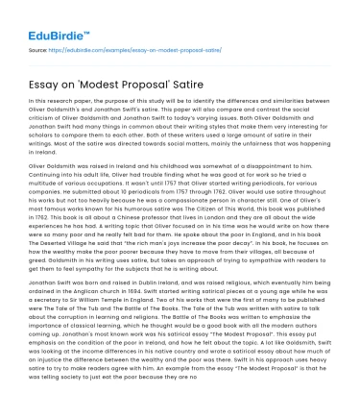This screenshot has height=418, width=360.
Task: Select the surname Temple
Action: tap(118, 297)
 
